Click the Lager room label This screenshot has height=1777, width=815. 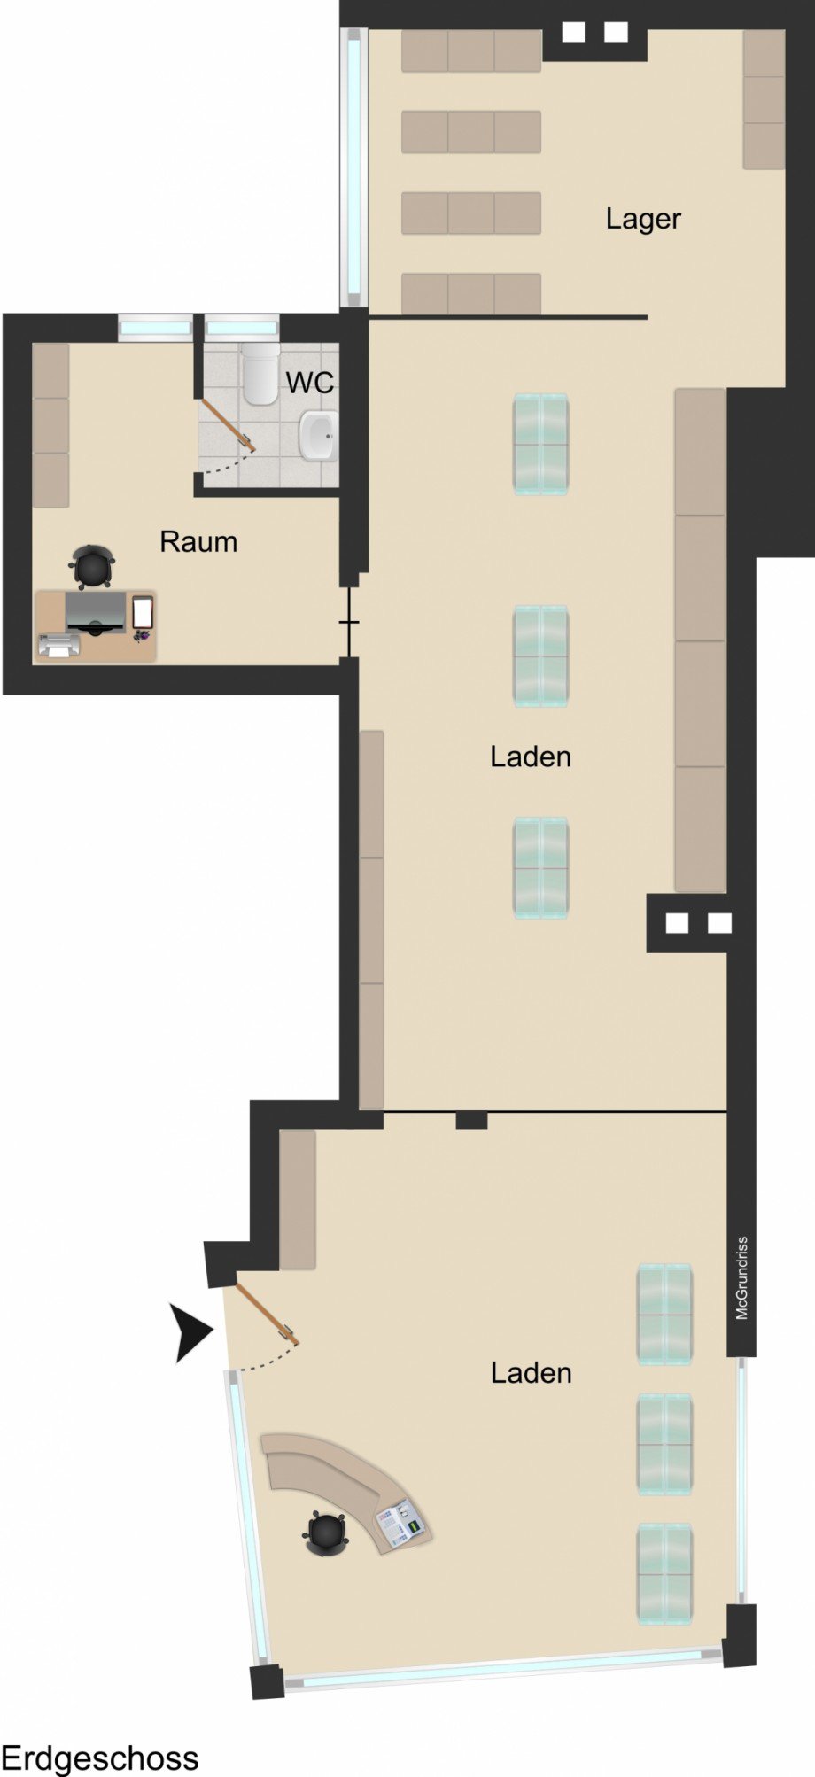coord(643,219)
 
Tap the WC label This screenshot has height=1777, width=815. coord(310,383)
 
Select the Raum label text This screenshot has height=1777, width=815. coord(198,541)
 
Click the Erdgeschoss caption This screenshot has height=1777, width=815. coord(99,1758)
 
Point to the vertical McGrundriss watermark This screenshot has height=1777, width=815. coord(742,1278)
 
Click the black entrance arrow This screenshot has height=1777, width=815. coord(194,1331)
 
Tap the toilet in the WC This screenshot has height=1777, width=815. coord(260,375)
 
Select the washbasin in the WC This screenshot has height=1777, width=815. coord(318,436)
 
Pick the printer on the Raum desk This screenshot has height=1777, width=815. coord(58,646)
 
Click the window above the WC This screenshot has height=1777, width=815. coord(242,328)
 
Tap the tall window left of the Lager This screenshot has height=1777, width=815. coord(354,167)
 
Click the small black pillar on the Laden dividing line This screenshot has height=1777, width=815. coord(471,1120)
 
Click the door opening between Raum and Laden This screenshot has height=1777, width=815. coord(350,622)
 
